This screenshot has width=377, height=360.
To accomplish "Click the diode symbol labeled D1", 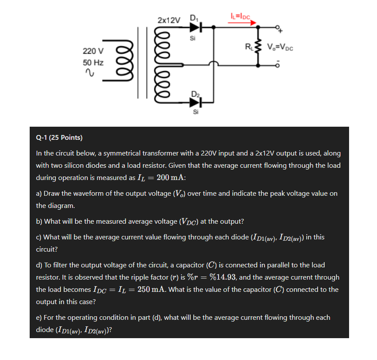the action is [x=195, y=28].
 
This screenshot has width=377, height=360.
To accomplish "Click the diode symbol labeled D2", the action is [x=195, y=102].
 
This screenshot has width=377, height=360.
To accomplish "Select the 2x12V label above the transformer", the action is [x=168, y=20].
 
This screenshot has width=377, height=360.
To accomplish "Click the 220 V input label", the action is [x=93, y=52].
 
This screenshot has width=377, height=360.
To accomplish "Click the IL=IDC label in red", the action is [x=239, y=16].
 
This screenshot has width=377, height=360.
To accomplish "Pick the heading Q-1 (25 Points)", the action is [x=59, y=138].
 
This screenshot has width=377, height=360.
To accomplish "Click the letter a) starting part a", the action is [x=39, y=194].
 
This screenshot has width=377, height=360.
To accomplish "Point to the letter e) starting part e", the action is [x=39, y=318].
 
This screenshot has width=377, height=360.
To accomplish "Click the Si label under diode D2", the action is [x=195, y=112].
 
